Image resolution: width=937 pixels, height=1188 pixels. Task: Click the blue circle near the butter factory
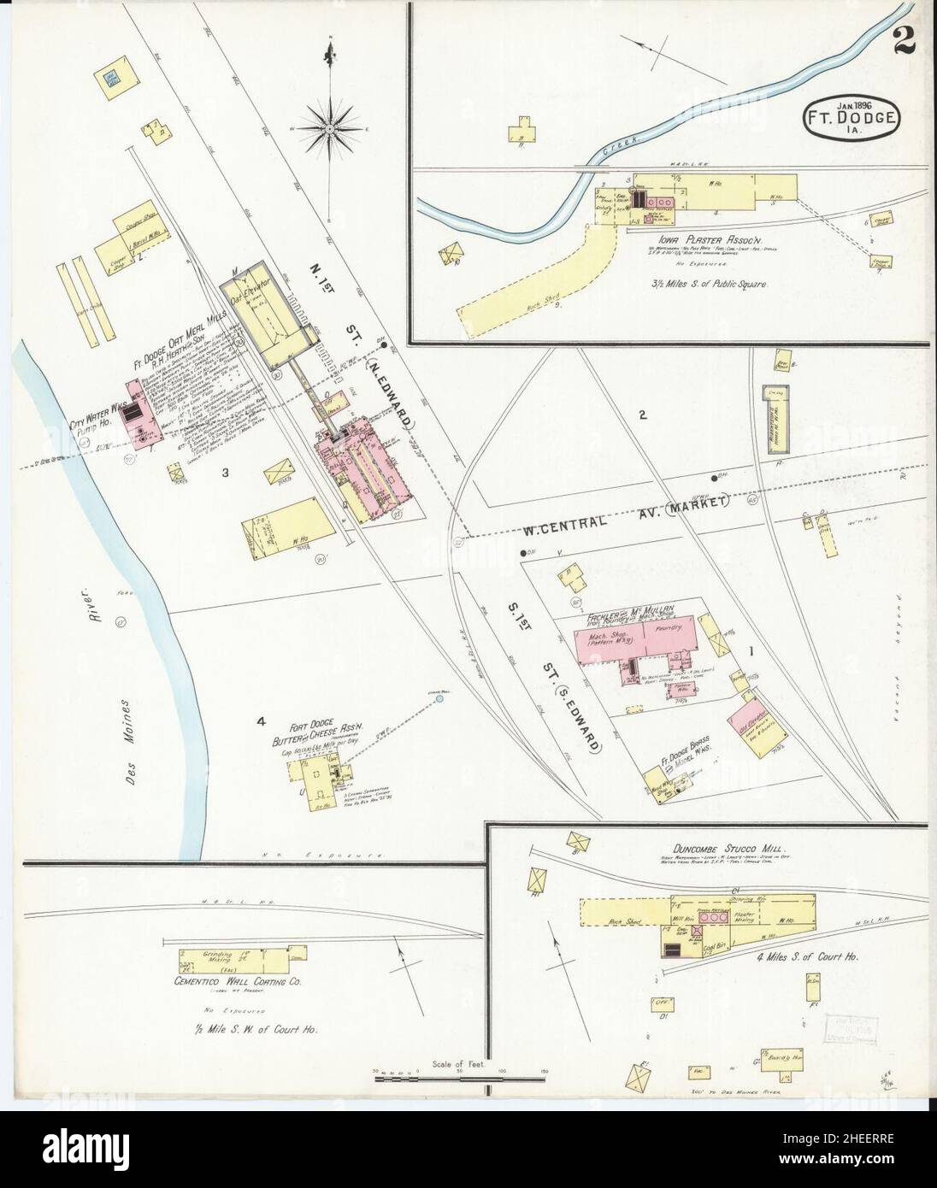439,698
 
